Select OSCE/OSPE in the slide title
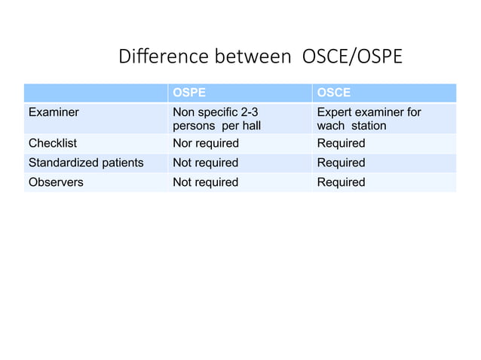[351, 57]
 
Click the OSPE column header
[189, 93]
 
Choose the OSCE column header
[333, 93]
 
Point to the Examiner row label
[54, 112]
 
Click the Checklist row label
[53, 143]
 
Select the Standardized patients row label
[86, 163]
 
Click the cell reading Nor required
[206, 143]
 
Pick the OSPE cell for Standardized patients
[206, 163]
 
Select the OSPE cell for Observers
[206, 182]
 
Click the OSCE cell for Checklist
[341, 143]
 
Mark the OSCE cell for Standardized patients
[341, 163]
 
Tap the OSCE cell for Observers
[341, 182]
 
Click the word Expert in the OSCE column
[335, 112]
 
